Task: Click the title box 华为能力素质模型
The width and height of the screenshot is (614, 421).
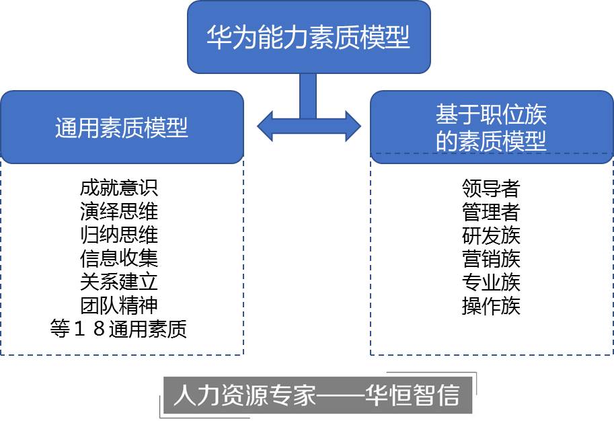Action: point(309,37)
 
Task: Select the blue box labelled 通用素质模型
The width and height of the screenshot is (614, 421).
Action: point(122,127)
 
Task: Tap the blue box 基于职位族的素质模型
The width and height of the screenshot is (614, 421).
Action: point(492,127)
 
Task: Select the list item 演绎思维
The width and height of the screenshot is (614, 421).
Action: point(119,211)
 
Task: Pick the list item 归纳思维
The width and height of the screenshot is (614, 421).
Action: point(119,235)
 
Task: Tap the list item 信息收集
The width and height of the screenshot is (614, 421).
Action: point(119,258)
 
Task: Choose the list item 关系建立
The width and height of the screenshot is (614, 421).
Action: point(119,281)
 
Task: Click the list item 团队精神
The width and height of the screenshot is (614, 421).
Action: point(119,305)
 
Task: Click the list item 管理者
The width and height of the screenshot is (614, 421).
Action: point(491,212)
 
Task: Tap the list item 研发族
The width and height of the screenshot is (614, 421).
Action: point(491,235)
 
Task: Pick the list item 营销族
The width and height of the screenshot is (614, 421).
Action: point(491,258)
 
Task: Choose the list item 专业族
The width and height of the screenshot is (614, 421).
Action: point(491,282)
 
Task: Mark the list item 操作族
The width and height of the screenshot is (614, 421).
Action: point(491,305)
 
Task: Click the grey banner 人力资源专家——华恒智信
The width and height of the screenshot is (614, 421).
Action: point(316,396)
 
